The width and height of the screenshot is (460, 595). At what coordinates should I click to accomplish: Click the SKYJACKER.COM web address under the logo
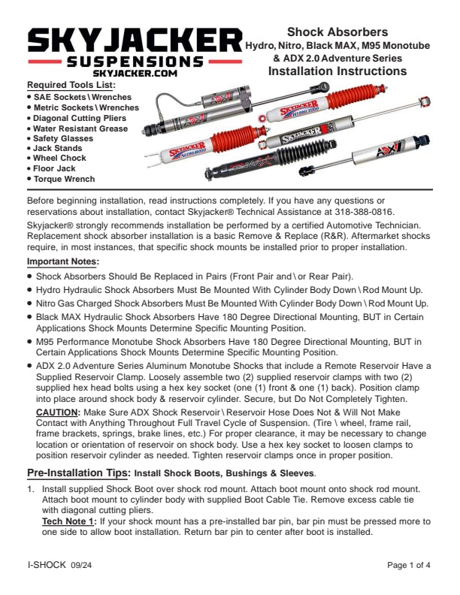point(135,74)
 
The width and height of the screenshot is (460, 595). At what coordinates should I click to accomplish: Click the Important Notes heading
point(63,261)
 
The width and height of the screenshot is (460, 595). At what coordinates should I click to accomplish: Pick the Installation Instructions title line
point(337,71)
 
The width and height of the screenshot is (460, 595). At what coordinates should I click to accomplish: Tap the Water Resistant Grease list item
point(80,128)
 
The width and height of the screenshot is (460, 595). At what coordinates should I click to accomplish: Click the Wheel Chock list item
point(59,159)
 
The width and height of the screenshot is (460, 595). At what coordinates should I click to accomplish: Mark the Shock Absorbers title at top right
point(337,32)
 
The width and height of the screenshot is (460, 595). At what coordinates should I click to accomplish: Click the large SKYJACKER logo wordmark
point(135,39)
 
